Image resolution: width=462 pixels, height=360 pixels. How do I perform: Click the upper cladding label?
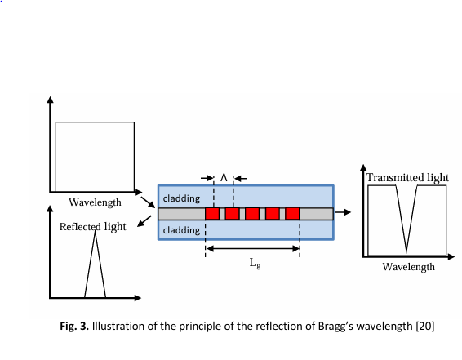coord(181,198)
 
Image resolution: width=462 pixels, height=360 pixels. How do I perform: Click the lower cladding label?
coord(181,230)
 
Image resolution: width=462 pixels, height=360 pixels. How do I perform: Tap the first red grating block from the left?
coord(212,214)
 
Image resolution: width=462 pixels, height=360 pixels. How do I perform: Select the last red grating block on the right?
coord(292,214)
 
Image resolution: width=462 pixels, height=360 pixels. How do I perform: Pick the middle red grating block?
coord(252,214)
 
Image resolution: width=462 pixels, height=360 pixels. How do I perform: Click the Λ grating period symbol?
coord(224,178)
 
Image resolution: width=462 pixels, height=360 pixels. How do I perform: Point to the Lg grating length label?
coord(255,263)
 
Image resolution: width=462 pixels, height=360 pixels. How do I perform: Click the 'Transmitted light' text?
coord(407,178)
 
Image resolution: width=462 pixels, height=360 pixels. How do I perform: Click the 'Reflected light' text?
coord(93,227)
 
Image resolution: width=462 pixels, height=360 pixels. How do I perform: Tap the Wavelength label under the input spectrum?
coord(95,202)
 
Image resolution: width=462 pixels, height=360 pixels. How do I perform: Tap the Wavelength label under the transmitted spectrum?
coord(409,267)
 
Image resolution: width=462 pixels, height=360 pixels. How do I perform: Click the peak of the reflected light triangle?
coord(95,231)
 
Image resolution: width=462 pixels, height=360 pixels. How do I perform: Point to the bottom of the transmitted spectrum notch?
coord(406,253)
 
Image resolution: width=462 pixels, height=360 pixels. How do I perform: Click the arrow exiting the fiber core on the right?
coord(343,212)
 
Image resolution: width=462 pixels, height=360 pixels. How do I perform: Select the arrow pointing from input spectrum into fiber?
coord(148,202)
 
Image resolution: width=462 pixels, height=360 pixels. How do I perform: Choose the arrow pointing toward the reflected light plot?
coord(144,221)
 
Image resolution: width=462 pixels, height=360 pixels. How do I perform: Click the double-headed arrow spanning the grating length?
coord(252,249)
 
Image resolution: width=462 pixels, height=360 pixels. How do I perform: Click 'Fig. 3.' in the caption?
coord(74,326)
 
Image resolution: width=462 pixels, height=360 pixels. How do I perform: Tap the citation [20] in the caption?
coord(425,326)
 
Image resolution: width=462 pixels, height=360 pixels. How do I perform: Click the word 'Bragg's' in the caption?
coord(335,327)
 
